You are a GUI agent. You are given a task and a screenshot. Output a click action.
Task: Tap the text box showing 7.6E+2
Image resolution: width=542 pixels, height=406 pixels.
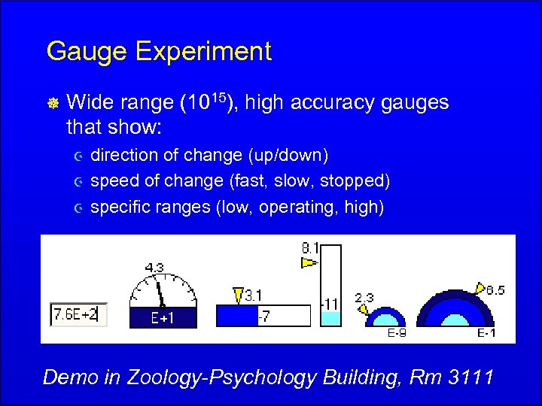pos(79,314)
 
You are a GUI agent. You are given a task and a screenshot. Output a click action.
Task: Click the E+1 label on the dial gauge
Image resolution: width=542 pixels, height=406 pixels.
pos(162,318)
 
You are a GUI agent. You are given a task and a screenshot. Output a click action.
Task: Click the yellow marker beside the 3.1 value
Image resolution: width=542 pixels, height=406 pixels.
pos(239,294)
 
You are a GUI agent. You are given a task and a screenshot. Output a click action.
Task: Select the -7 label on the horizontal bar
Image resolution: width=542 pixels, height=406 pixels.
pos(264,317)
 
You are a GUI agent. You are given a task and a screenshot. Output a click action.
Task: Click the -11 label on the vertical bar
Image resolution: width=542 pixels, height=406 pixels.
pos(330,304)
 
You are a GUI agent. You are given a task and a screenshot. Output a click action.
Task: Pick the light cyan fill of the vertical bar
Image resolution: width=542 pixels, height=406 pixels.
pos(330,319)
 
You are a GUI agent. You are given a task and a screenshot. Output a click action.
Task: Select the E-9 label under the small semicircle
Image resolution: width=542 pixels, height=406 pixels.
pos(397,334)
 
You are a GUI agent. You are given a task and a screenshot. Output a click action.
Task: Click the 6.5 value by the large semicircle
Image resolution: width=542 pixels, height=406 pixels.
pos(495,290)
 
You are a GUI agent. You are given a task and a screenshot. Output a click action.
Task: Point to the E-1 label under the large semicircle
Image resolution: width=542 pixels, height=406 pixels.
pos(486,334)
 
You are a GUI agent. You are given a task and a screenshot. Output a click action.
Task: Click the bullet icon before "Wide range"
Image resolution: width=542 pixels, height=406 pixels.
pos(51,104)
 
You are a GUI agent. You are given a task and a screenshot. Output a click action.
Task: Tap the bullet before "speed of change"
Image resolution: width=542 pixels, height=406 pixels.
pos(76,182)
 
